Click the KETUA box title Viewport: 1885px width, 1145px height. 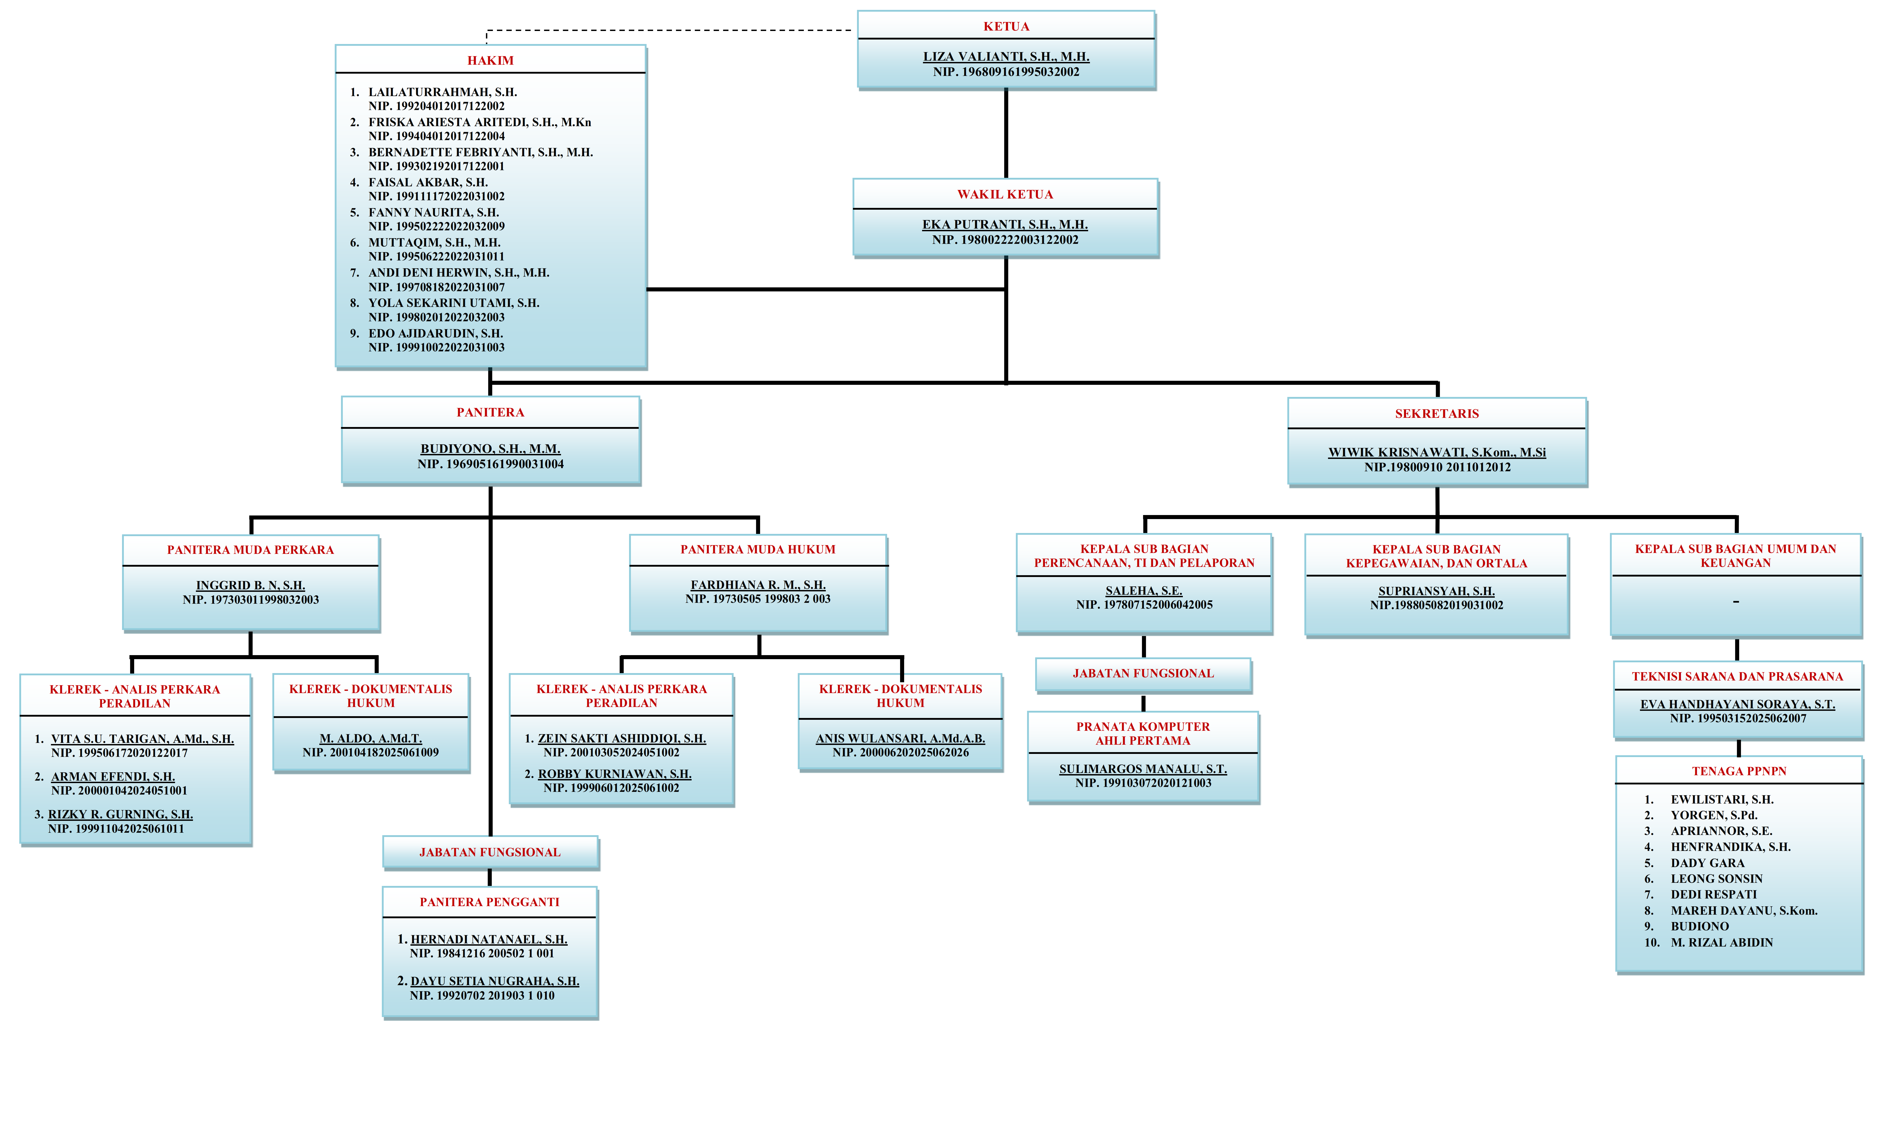coord(1006,26)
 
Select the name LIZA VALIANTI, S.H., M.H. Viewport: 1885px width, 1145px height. coord(1006,57)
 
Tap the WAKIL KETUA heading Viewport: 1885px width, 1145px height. coord(1005,194)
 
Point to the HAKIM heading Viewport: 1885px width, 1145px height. coord(490,60)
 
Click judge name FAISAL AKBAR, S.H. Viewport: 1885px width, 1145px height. coord(428,182)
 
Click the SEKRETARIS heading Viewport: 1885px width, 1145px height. coord(1437,413)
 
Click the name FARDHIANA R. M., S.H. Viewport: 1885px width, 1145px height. coord(758,585)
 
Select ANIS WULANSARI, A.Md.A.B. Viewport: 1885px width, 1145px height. coord(900,739)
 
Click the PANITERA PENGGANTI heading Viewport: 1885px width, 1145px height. coord(490,902)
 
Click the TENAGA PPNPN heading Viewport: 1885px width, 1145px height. coord(1739,771)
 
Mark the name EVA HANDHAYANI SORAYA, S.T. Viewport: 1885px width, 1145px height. coord(1737,704)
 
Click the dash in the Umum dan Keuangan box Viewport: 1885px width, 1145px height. coord(1736,602)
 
